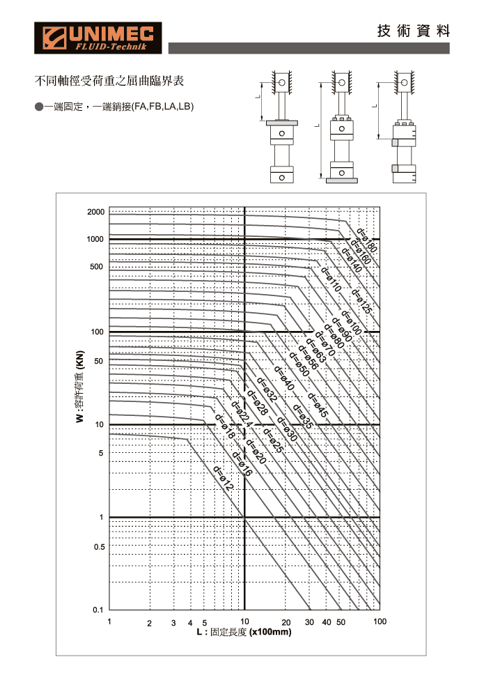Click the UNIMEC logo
coord(98,38)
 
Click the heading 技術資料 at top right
coord(414,31)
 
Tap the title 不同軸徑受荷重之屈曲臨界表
coord(109,81)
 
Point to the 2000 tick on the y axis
coord(96,212)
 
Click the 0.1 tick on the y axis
coord(97,610)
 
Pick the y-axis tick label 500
coord(96,267)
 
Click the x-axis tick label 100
coord(380,622)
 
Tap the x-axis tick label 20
coord(286,623)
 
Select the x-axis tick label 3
coord(173,623)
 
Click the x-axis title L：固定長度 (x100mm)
coord(244,632)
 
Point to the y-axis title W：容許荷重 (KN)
coord(79,387)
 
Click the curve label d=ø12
coord(224,478)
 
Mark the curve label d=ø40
coord(284,378)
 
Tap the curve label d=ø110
coord(331,279)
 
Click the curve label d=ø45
coord(318,405)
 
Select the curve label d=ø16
coord(242,463)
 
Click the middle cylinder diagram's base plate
coord(342,180)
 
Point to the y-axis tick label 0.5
coord(100,547)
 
